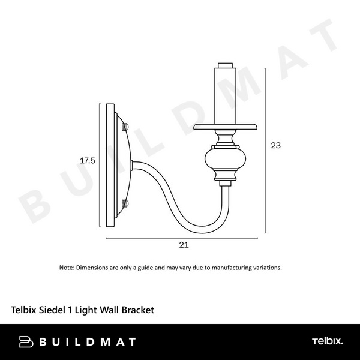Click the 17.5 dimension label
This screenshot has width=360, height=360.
point(88,161)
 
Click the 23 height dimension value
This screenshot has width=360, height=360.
point(276,145)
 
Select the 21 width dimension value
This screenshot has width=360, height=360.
point(184,245)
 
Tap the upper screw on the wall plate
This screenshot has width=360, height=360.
point(124,127)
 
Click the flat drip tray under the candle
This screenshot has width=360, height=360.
point(226,127)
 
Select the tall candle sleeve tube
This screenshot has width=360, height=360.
point(225,96)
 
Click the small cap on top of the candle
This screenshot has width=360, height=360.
point(226,65)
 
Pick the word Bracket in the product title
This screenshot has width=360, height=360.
point(138,310)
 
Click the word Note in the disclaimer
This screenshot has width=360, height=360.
point(66,268)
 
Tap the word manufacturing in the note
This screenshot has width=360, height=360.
point(230,268)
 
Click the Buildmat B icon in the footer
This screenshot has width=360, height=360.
point(26,342)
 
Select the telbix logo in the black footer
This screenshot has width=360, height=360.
point(327,341)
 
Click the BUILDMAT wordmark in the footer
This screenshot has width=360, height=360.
point(87,342)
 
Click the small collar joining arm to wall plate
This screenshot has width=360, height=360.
point(132,163)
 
